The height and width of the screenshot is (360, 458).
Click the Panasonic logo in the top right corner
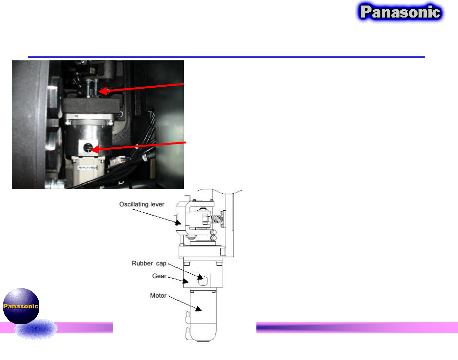coord(400,12)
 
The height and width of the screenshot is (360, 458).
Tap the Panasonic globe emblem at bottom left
coord(21,306)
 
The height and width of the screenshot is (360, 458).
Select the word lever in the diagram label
coord(157,204)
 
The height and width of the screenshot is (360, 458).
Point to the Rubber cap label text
coord(149,263)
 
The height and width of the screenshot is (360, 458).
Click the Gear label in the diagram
coord(159,276)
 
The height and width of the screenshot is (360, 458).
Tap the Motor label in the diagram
coord(158,295)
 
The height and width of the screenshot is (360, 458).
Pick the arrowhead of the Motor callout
coord(199,308)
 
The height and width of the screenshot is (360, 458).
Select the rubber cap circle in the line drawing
coord(203,280)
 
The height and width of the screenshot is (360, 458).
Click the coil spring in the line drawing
coord(217,220)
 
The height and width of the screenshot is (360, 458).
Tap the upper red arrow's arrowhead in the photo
coord(102,92)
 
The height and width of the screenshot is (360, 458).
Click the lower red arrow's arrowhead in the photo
coord(94,150)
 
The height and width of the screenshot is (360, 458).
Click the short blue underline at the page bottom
coord(155,359)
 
